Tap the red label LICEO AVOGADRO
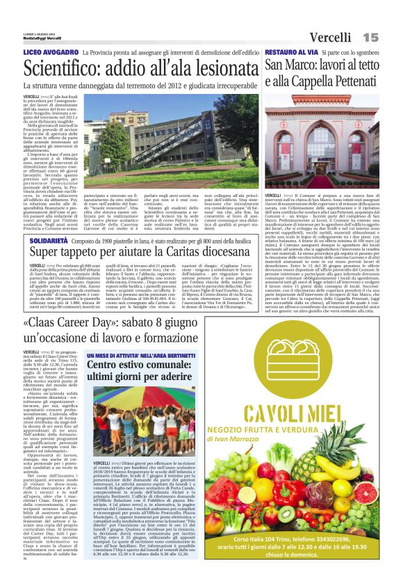pyautogui.click(x=49, y=52)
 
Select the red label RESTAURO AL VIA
pyautogui.click(x=292, y=52)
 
